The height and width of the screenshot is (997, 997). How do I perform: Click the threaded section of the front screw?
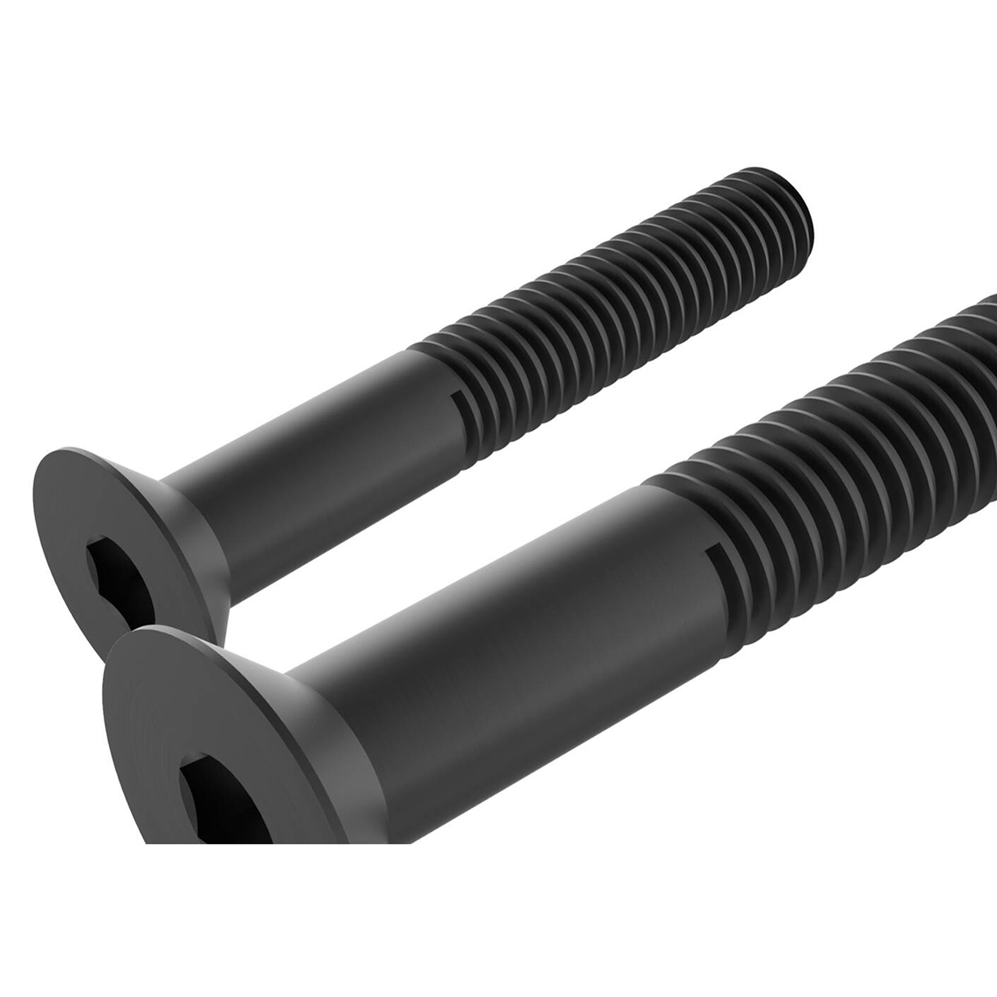pos(841,436)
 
